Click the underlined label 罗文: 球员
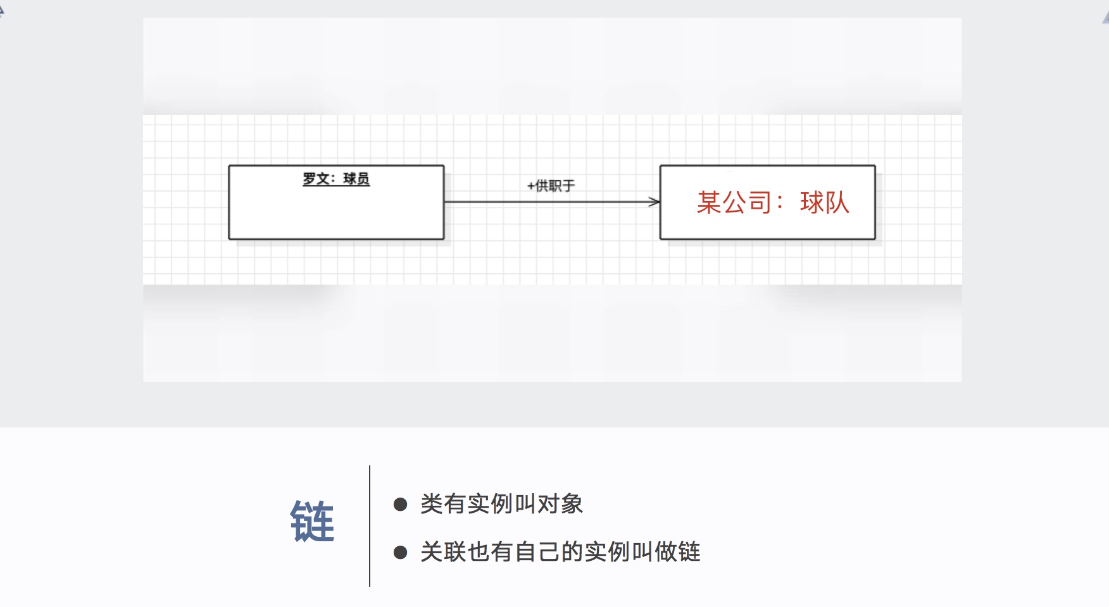pos(336,179)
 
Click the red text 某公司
pos(734,202)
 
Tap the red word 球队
pos(824,202)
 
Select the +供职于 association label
pos(551,186)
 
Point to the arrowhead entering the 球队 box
pos(655,202)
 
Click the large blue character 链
pos(312,521)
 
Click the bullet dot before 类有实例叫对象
pos(400,504)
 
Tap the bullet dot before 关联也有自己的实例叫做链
pos(400,552)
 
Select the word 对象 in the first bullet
pos(560,504)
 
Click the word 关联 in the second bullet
pos(443,552)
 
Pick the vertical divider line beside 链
pos(370,526)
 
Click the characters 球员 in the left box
pos(356,179)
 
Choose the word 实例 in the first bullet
pos(490,504)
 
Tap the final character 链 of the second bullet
pos(689,552)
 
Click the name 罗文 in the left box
pos(316,179)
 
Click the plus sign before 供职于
pos(530,186)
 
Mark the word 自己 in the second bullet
pos(537,552)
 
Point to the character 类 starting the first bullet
pos(432,504)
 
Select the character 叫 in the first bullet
pos(525,504)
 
